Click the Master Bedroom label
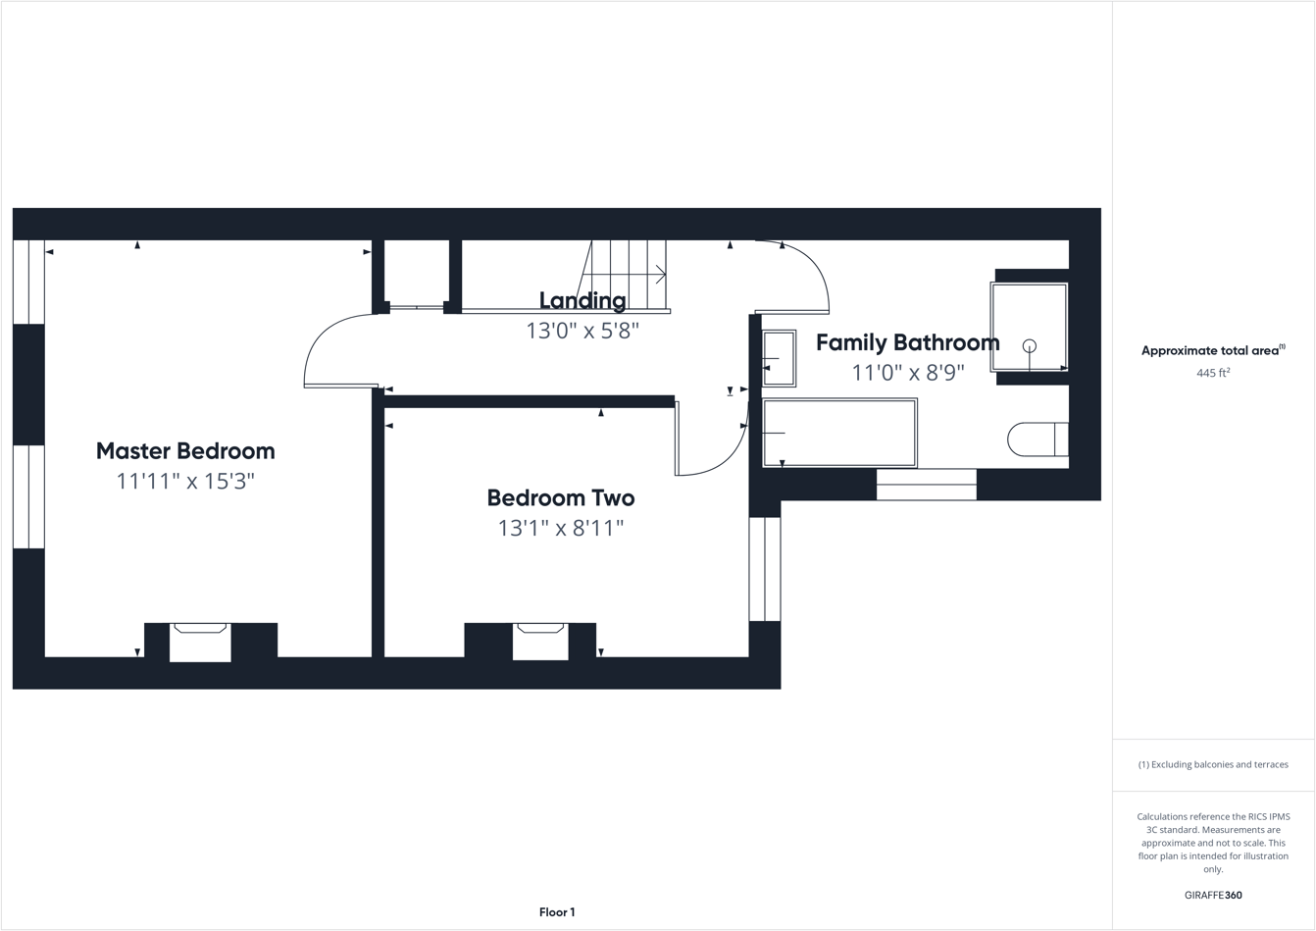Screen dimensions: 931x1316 pos(185,451)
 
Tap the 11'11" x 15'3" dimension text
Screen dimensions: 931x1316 pos(185,482)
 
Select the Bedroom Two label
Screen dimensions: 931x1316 pos(560,498)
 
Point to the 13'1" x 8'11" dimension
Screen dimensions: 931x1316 pos(560,529)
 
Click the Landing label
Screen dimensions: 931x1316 pos(582,300)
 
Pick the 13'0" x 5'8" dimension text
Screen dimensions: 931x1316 pos(582,331)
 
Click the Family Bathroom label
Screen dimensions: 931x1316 pos(907,342)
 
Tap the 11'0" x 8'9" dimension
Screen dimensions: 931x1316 pos(907,373)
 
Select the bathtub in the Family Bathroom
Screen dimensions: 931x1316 pos(839,433)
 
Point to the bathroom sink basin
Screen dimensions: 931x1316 pos(779,359)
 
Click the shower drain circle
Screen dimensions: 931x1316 pos(1029,345)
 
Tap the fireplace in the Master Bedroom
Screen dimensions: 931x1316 pos(200,642)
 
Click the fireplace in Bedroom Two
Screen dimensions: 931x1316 pos(540,641)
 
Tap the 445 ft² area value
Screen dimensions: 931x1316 pos(1213,373)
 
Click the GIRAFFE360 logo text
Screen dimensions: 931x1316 pos(1213,895)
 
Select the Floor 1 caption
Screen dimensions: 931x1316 pos(557,912)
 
